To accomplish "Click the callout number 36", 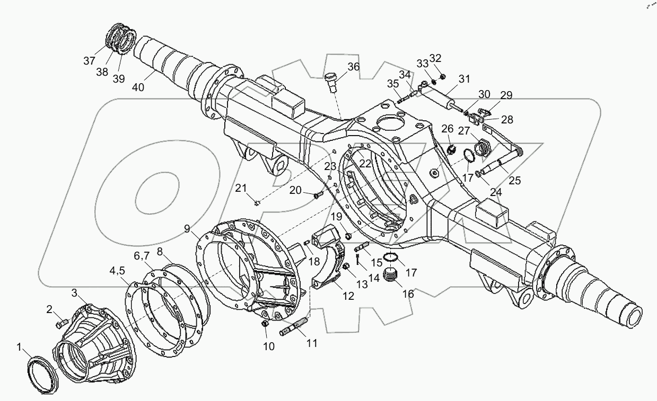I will [x=354, y=66].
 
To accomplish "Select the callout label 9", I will [x=187, y=229].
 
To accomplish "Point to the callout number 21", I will [x=241, y=188].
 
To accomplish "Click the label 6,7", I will [x=142, y=255].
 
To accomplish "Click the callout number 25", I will [x=514, y=181].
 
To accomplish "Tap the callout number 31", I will [x=465, y=79].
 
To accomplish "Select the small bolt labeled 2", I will [x=62, y=321].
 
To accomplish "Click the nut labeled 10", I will [x=266, y=324].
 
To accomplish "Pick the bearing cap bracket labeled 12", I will [x=326, y=260].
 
